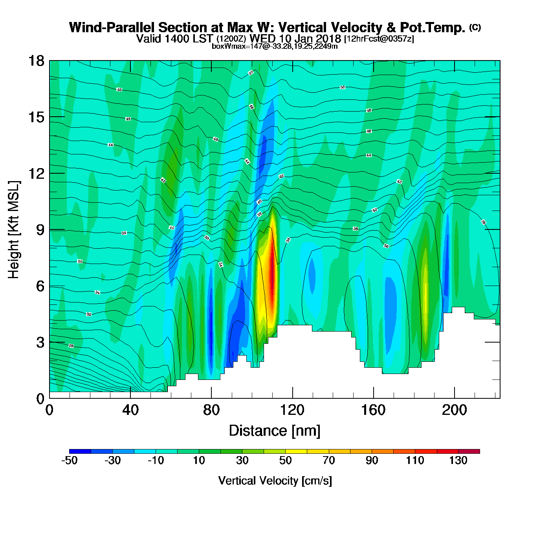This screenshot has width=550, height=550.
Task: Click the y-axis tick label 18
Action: coord(36,61)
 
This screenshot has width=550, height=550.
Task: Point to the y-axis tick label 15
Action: coord(36,117)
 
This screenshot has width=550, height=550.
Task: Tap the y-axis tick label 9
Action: coord(40,230)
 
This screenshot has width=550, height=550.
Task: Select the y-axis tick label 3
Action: coord(40,343)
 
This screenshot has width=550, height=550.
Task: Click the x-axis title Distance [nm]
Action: coord(275,431)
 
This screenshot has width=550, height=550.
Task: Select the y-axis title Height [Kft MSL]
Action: coord(14,230)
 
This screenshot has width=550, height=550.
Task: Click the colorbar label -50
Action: coord(69,460)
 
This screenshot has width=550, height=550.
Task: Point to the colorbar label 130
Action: coord(458,460)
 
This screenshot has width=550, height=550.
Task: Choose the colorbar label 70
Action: coord(328,460)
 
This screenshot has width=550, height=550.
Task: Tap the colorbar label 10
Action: coord(199,460)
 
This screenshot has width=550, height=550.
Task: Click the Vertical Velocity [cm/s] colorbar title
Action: coord(275,481)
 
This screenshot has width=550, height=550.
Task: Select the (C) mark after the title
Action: coord(475,27)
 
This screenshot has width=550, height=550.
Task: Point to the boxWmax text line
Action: coord(275,46)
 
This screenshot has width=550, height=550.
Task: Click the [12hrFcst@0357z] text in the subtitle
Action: coord(379,39)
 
